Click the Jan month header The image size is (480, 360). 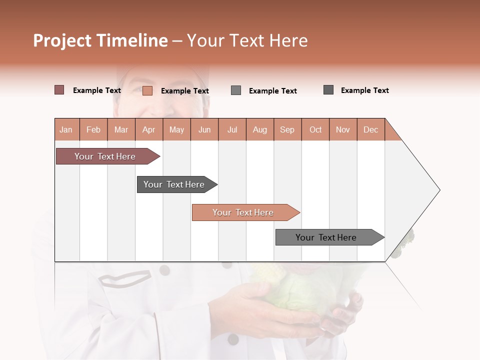tap(66, 129)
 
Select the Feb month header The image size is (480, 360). tap(93, 129)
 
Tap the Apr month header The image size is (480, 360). tap(148, 129)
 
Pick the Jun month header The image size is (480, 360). tap(204, 129)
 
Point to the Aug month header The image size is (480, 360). tap(259, 129)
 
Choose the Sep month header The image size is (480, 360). tap(287, 129)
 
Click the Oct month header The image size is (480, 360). tap(315, 129)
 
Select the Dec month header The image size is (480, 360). tap(370, 129)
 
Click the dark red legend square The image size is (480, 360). tap(59, 90)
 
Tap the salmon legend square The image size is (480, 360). tap(147, 90)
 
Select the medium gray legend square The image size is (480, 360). tap(236, 90)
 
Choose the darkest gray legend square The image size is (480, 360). tap(328, 90)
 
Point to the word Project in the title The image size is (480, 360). tap(62, 40)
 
